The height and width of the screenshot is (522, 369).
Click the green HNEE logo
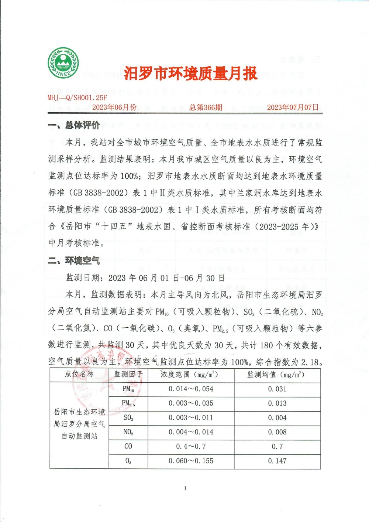(63, 63)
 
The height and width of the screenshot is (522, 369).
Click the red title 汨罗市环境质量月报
(190, 74)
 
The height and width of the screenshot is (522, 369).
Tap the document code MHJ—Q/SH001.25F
(77, 98)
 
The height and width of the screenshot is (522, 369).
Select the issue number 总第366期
(206, 108)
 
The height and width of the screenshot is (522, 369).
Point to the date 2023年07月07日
(293, 108)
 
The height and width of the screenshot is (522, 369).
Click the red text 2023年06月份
(114, 108)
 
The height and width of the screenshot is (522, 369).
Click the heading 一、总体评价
(74, 126)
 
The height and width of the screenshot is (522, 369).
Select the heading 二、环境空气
(74, 261)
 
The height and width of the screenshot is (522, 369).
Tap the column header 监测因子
(128, 375)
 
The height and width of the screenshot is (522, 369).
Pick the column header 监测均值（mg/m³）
(277, 375)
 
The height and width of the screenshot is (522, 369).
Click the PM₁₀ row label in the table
(128, 389)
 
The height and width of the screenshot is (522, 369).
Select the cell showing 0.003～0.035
(191, 403)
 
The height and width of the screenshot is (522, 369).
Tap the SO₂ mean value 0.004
(277, 418)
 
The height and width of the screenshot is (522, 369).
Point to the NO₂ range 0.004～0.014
(191, 432)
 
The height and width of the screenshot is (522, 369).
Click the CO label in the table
(128, 447)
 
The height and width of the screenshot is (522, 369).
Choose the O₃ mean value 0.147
(277, 461)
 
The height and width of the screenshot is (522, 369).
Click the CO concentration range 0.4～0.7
(191, 447)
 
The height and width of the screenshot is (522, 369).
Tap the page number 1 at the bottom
(185, 488)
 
